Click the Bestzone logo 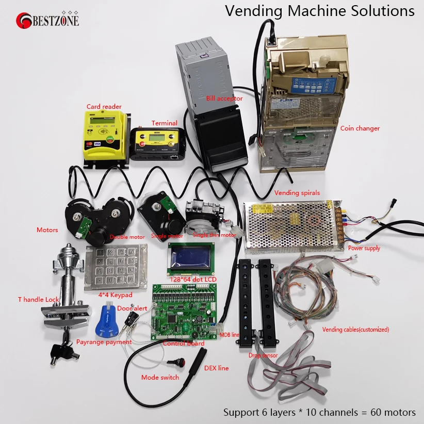point(49,20)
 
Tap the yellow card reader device point(104,135)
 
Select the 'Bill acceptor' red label point(224,98)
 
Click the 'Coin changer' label point(360,128)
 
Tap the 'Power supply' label point(364,248)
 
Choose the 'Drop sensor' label point(263,355)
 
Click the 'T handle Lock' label point(39,299)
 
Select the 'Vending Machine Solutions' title point(320,11)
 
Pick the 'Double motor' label point(127,237)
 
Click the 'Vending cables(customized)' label point(355,329)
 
